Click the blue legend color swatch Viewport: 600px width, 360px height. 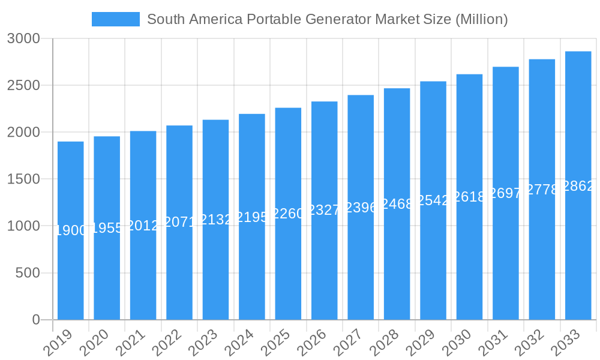tap(115, 19)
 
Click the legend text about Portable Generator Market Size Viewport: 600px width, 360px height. tap(328, 19)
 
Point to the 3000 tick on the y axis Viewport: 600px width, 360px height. tap(23, 38)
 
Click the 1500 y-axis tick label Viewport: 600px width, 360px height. tap(23, 179)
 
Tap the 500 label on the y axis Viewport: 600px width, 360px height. tap(27, 273)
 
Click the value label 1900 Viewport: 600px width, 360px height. tap(71, 230)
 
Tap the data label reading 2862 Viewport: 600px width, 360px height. tap(578, 186)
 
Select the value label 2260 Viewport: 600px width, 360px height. tap(288, 214)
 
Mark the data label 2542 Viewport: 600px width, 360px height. tap(433, 200)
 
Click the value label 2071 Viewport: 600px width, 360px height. tap(179, 223)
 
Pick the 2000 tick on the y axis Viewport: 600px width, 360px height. tap(23, 132)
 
